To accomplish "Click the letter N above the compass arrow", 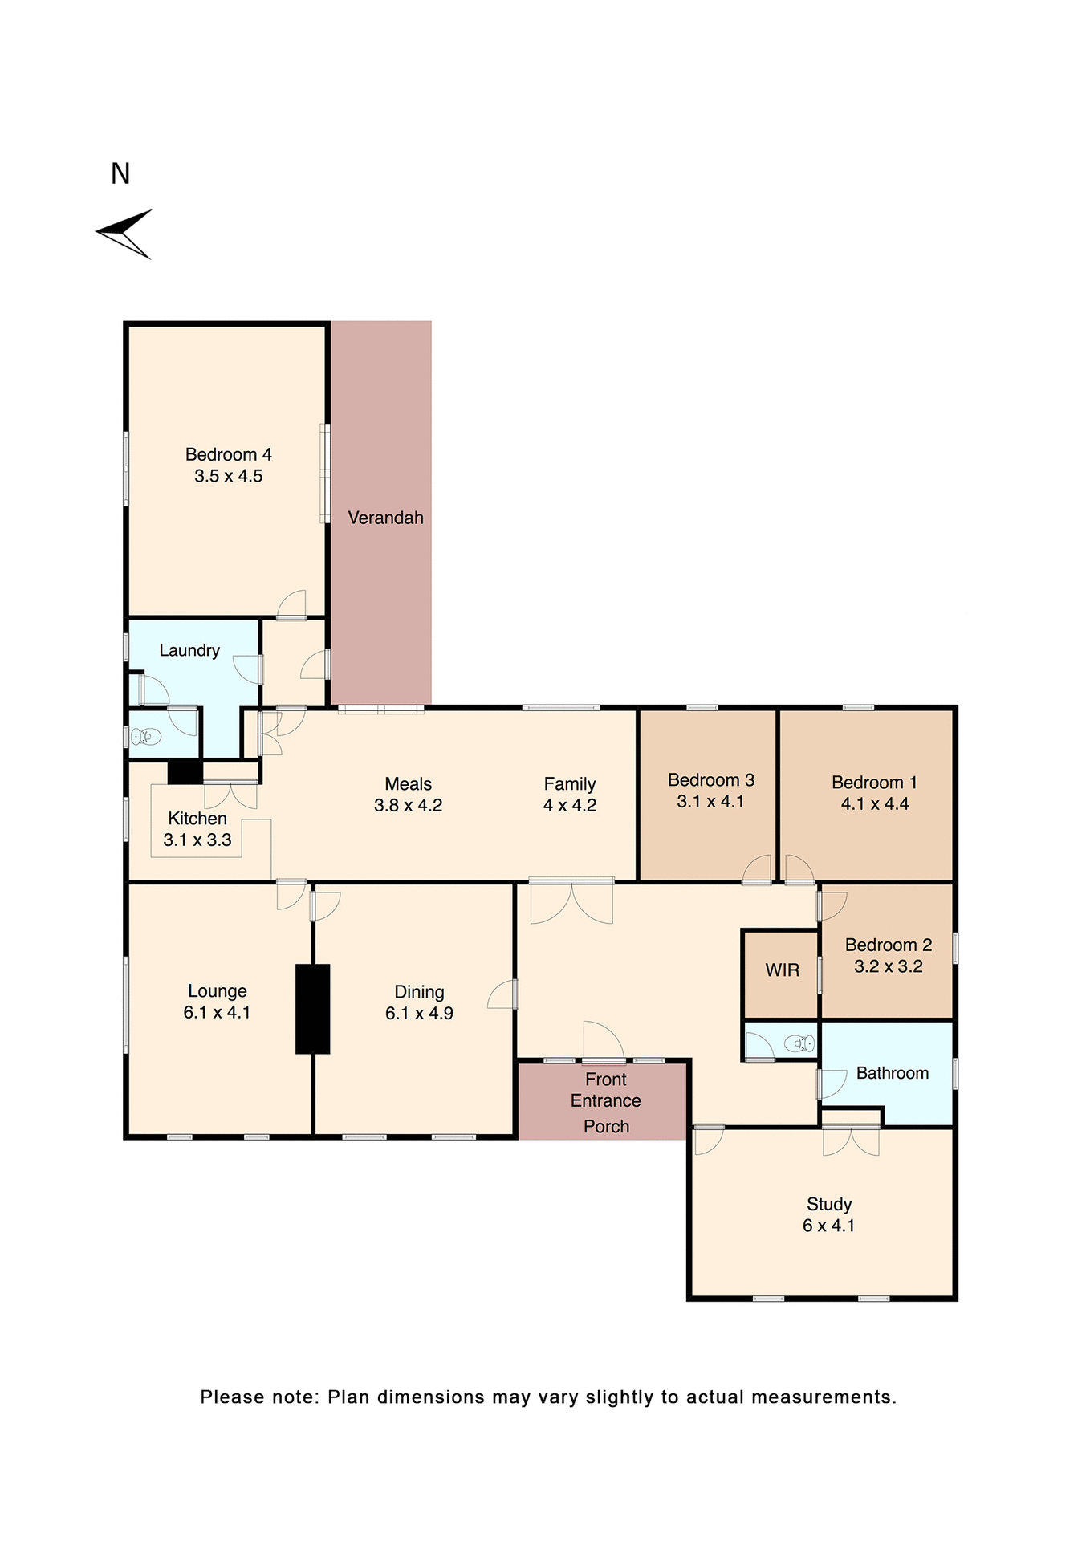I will click(x=120, y=173).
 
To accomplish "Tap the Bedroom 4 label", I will click(x=228, y=454).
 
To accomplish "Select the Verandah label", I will click(x=385, y=518).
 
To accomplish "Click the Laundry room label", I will click(x=189, y=650).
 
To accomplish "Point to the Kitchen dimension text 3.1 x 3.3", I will click(x=197, y=840).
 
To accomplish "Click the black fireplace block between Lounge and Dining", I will click(x=312, y=1008).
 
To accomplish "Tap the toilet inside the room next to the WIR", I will click(x=799, y=1043).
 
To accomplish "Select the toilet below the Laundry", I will click(x=145, y=736).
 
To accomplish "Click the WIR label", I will click(x=782, y=970).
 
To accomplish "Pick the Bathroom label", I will click(x=892, y=1073).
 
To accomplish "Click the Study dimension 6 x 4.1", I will click(x=828, y=1226).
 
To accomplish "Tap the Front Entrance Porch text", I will click(x=606, y=1101).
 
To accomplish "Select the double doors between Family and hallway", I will click(x=571, y=901).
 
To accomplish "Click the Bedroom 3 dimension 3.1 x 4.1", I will click(x=710, y=801).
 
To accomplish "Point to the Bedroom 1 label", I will click(x=874, y=782).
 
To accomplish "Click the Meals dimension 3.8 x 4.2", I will click(x=408, y=805).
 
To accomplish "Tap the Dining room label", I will click(x=419, y=992).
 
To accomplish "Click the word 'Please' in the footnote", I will click(x=232, y=1397).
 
